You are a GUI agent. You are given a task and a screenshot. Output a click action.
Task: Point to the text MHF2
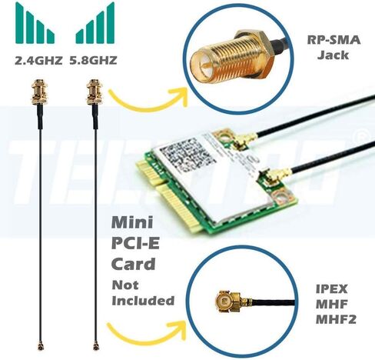[333, 316]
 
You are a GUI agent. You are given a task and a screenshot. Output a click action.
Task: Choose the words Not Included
[143, 292]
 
